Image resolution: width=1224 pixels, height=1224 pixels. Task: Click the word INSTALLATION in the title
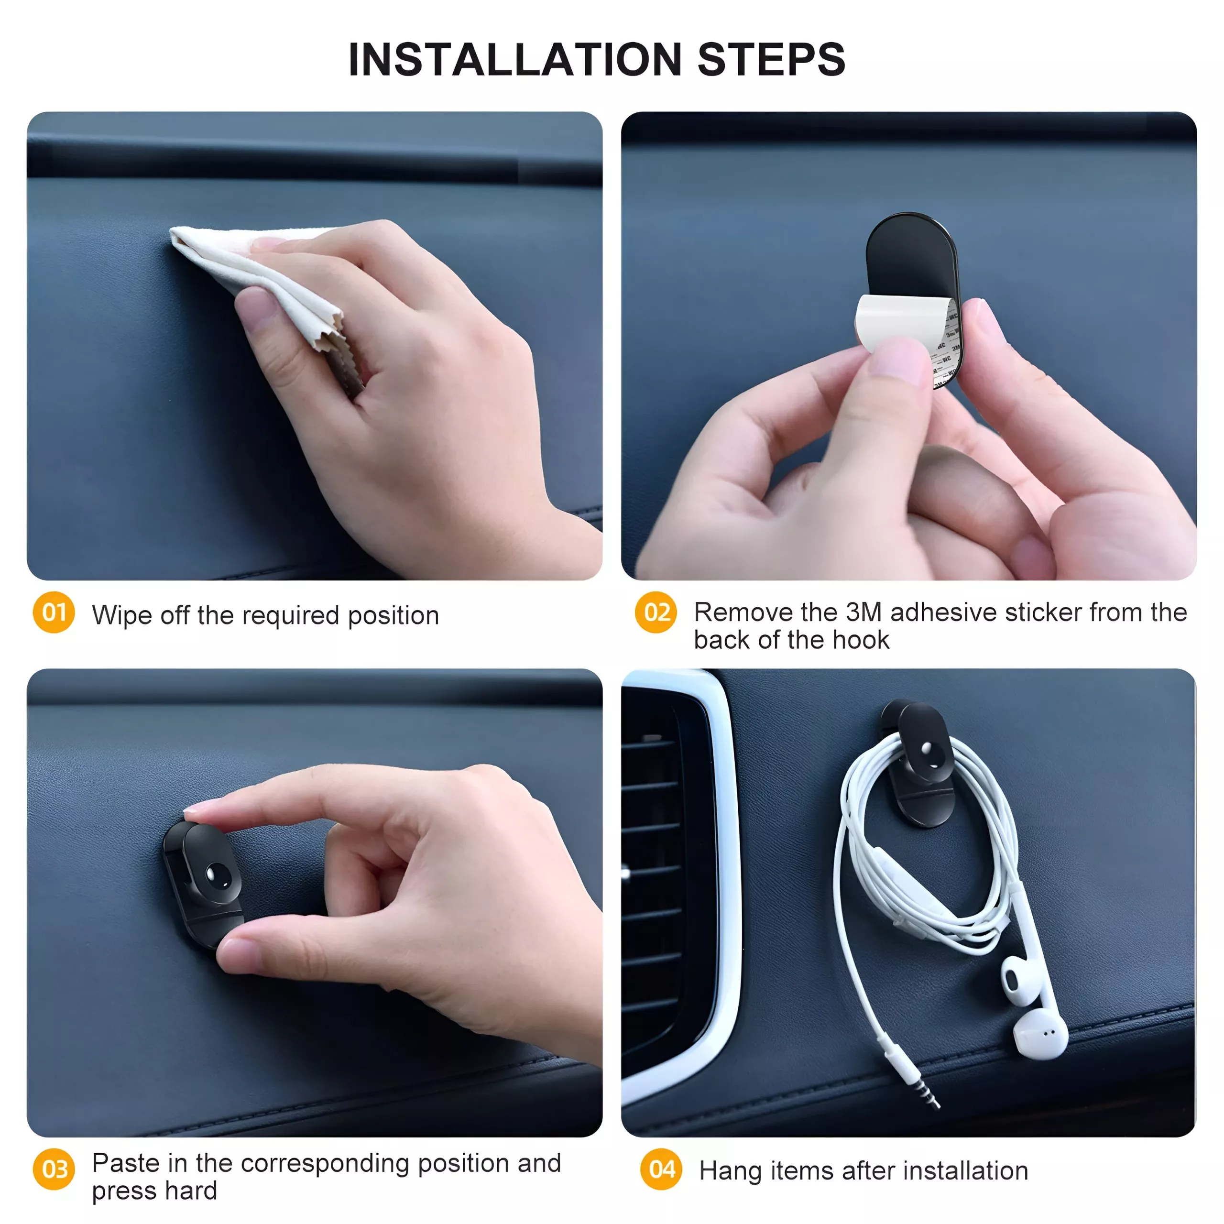click(x=515, y=60)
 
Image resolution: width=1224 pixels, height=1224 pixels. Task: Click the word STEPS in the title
click(x=772, y=60)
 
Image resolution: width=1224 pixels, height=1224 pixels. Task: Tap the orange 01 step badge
click(x=54, y=612)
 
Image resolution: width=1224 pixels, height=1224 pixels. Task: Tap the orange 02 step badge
click(x=656, y=612)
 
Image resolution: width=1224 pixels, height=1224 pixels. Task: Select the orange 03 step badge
click(x=54, y=1169)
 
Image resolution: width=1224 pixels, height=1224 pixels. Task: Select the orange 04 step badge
click(x=661, y=1169)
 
